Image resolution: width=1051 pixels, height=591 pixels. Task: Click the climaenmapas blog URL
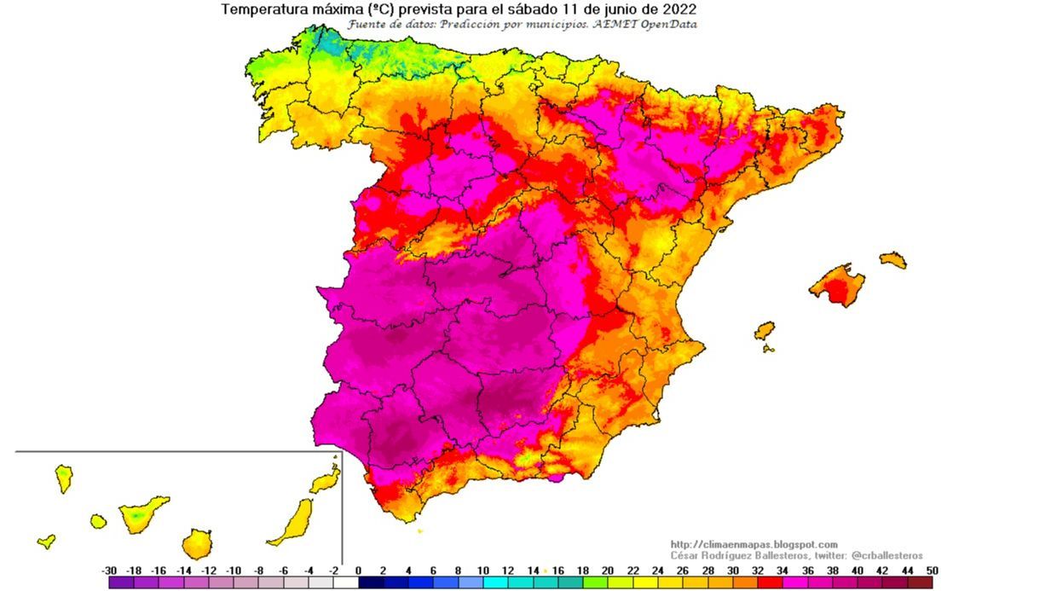754,544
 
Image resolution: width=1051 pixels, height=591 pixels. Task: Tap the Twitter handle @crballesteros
886,555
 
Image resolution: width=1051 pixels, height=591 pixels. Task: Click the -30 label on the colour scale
109,571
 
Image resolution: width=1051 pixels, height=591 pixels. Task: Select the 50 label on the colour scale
933,571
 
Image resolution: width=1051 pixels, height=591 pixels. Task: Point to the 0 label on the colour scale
358,571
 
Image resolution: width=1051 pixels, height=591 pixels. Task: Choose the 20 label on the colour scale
608,571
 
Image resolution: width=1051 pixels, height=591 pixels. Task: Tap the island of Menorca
892,259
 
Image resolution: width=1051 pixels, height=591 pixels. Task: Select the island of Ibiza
765,330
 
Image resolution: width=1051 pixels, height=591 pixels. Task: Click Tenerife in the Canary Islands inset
141,513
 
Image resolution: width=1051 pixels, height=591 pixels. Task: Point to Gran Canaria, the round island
197,542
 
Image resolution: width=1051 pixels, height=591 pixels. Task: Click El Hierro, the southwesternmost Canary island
47,541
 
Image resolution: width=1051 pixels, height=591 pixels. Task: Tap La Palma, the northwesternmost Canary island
64,478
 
